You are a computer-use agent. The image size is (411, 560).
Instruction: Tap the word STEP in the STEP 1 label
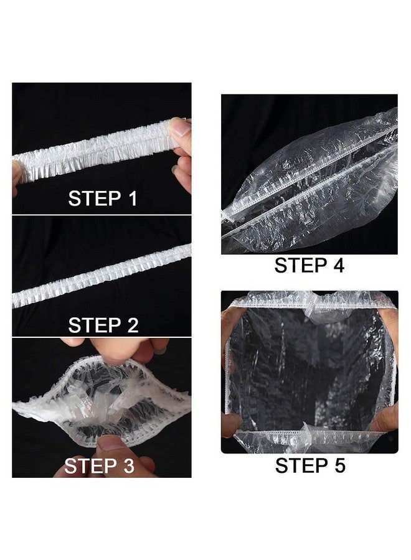(x=93, y=198)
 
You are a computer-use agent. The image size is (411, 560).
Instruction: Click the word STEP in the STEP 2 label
(x=93, y=325)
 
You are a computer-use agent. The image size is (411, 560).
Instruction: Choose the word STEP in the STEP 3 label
(x=90, y=465)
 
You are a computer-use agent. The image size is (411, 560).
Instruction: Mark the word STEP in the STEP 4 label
(x=300, y=265)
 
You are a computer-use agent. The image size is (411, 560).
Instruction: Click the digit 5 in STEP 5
(x=337, y=465)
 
